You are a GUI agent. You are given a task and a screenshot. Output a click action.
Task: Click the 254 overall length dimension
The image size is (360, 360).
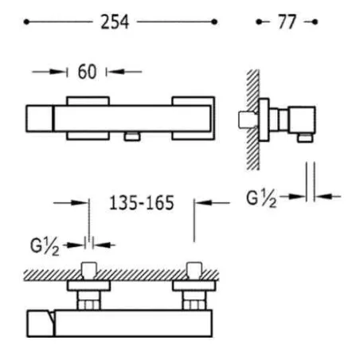[x=115, y=22]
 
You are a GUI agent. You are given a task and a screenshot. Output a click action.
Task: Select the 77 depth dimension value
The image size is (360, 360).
[x=287, y=22]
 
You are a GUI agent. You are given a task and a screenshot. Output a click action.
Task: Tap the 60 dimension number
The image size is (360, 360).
[x=87, y=72]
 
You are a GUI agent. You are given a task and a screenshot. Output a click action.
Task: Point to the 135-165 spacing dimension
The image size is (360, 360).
[x=142, y=203]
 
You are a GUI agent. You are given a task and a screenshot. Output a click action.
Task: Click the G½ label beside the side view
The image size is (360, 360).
[x=261, y=198]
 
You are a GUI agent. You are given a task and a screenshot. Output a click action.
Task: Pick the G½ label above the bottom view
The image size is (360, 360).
[x=45, y=246]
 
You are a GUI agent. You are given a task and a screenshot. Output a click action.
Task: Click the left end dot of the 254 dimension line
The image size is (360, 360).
[x=26, y=22]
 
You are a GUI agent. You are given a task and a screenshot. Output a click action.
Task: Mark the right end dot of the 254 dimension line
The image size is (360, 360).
[x=214, y=22]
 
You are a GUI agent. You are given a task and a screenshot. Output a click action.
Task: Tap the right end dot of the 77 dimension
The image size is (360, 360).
[x=315, y=22]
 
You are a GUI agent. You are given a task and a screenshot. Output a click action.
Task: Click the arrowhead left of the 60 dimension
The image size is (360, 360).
[x=58, y=72]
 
